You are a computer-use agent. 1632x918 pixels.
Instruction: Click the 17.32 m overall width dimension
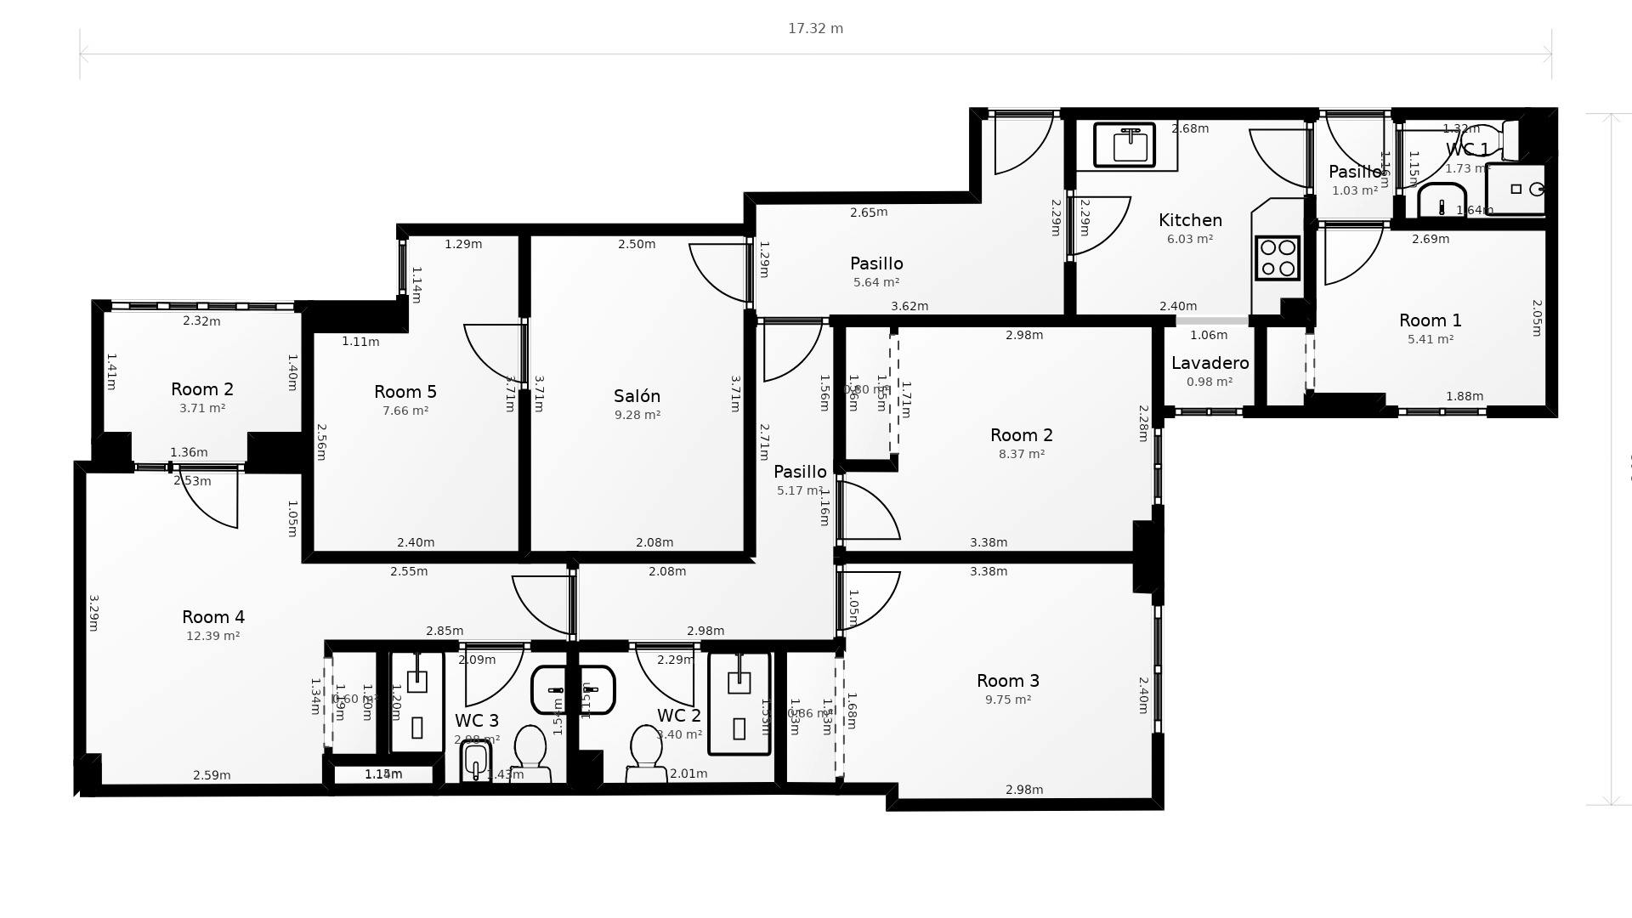point(815,29)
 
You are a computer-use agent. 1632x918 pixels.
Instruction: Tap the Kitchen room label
point(1190,220)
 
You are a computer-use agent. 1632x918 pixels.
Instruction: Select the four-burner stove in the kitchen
point(1278,258)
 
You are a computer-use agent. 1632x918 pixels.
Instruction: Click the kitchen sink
point(1125,145)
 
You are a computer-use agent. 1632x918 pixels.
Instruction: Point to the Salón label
point(637,396)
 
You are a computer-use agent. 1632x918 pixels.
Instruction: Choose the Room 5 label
point(405,392)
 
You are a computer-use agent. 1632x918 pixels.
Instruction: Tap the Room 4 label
point(213,617)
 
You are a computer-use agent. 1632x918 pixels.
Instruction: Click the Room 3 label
point(1008,681)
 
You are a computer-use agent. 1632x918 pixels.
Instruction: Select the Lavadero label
point(1210,363)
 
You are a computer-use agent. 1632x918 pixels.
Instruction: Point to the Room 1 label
point(1431,320)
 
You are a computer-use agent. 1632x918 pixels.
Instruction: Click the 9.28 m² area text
point(637,415)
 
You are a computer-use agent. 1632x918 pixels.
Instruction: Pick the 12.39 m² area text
point(213,636)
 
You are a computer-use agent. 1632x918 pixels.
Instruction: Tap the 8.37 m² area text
point(1022,454)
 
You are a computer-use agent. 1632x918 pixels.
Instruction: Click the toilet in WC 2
point(646,753)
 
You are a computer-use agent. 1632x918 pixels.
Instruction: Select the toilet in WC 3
point(530,753)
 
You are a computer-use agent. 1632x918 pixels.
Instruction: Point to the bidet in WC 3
point(476,761)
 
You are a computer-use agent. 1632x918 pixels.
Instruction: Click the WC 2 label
point(678,716)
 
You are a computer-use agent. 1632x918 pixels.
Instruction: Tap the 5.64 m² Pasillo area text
point(876,282)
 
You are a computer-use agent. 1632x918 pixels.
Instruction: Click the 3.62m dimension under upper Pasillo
point(909,306)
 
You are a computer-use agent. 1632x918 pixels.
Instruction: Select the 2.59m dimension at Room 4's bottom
point(212,775)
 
